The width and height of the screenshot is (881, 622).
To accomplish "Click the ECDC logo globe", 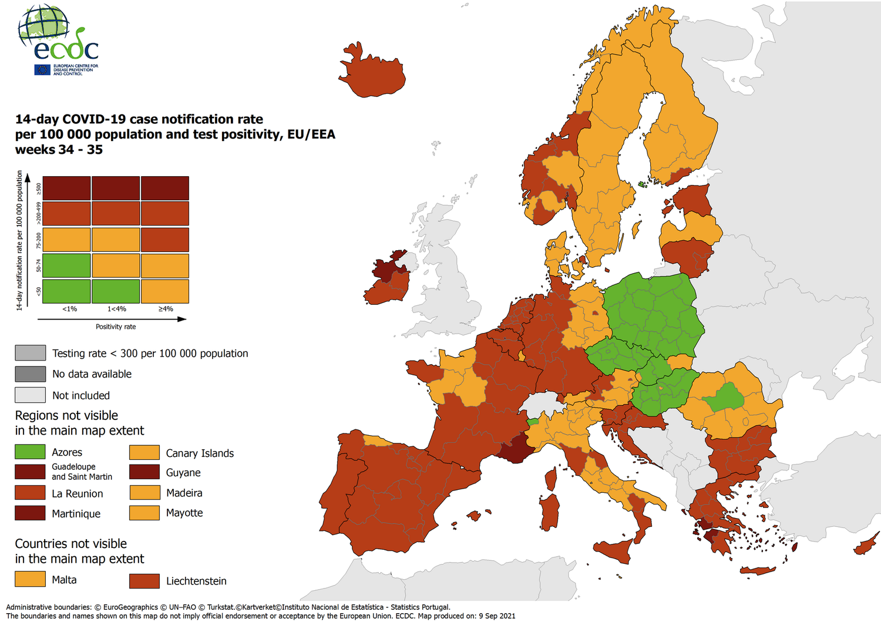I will tap(42, 26).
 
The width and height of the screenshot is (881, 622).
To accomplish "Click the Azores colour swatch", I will tap(30, 452).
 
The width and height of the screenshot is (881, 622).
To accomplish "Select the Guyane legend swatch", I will tap(144, 472).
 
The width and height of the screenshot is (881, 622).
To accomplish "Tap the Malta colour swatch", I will tap(30, 579).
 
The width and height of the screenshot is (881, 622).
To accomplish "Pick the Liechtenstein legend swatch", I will tap(144, 581).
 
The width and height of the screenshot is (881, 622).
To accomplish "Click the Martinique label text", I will tap(76, 514).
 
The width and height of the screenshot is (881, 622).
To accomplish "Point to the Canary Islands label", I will tap(200, 453).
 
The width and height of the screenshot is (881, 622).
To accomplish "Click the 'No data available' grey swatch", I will tap(30, 374).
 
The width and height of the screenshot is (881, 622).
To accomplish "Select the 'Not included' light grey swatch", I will tap(30, 395).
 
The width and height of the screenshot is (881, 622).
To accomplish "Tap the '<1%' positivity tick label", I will tap(69, 309).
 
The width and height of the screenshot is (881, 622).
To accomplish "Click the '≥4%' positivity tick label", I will tap(166, 309).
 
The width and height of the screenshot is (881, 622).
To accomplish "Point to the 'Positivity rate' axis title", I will tap(116, 327).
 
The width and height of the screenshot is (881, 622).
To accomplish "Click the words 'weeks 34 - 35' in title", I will tap(59, 150).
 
